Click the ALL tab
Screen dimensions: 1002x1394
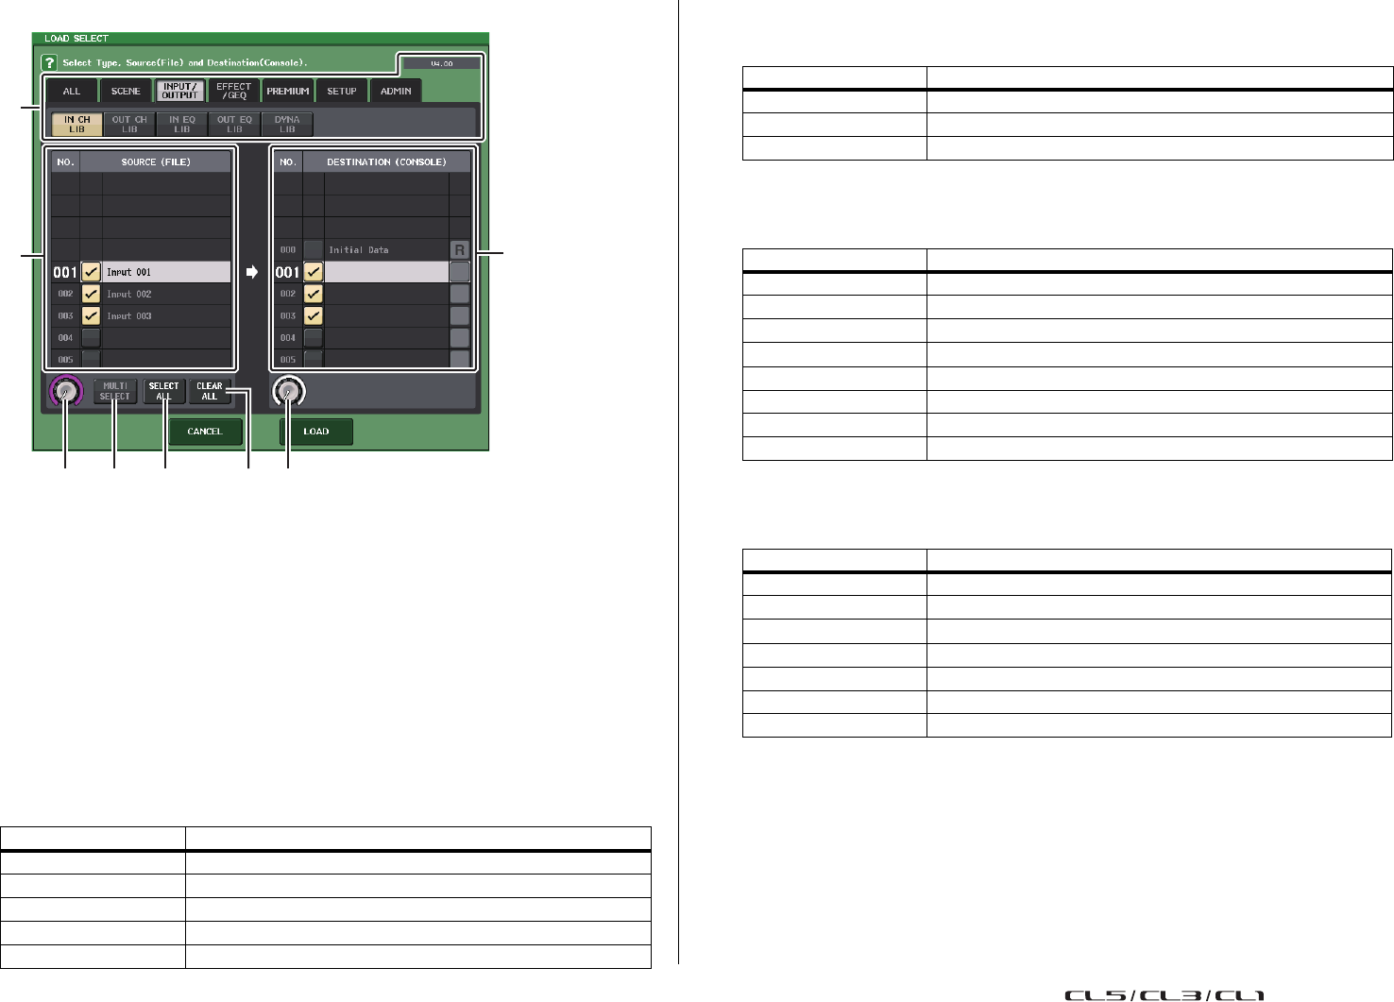click(72, 92)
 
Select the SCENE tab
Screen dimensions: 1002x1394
click(126, 92)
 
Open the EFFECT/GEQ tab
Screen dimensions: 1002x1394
click(233, 92)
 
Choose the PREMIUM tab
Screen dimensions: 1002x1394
click(288, 92)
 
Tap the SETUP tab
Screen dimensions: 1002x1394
click(342, 92)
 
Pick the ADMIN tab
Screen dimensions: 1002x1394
click(396, 92)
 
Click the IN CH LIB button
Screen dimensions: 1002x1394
click(76, 125)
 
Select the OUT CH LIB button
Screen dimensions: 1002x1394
click(129, 125)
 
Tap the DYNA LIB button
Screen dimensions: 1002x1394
click(287, 125)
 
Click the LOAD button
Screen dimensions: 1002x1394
click(316, 432)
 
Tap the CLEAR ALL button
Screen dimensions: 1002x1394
click(210, 391)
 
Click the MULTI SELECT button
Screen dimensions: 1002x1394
click(115, 391)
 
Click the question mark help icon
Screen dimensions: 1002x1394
click(49, 62)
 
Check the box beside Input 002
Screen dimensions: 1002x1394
click(91, 294)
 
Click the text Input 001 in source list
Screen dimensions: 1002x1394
click(128, 272)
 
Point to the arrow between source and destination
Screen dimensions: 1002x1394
click(252, 272)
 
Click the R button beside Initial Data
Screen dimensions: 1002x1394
click(460, 250)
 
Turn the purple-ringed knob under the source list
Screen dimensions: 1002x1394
click(65, 392)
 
